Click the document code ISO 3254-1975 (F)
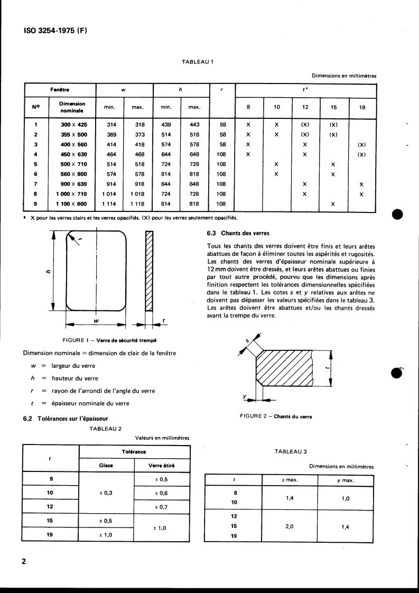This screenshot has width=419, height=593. (55, 31)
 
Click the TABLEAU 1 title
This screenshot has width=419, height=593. (197, 62)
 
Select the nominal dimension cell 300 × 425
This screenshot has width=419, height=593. (72, 124)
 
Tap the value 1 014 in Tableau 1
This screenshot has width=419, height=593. (109, 194)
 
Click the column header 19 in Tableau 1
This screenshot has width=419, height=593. (361, 107)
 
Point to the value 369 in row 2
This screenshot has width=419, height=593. (109, 134)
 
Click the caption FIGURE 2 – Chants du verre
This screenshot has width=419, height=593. (276, 416)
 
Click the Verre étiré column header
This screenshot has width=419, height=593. (162, 466)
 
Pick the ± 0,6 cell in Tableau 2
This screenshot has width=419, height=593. (162, 493)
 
